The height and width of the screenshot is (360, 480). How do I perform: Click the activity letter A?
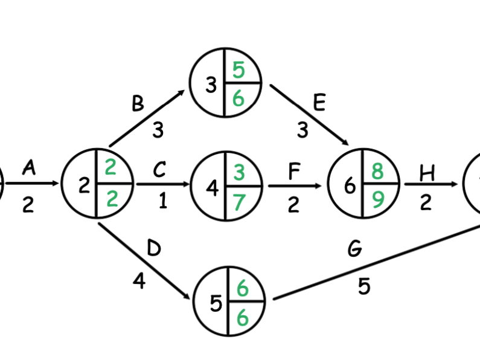28,169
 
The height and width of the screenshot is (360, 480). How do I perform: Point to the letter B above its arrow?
138,103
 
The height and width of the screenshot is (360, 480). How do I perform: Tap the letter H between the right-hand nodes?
427,173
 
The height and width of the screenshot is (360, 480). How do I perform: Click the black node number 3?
211,85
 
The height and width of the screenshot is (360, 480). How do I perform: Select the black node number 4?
212,188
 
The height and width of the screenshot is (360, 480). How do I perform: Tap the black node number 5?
216,304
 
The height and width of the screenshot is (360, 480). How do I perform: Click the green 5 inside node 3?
238,71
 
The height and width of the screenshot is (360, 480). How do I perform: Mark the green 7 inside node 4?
238,202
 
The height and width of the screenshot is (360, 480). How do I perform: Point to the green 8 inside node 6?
377,172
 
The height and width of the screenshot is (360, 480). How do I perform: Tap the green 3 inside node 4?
239,174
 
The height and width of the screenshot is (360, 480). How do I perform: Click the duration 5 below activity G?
363,286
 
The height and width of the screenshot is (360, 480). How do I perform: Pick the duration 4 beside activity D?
139,281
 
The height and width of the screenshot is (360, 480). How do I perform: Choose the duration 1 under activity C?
162,201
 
